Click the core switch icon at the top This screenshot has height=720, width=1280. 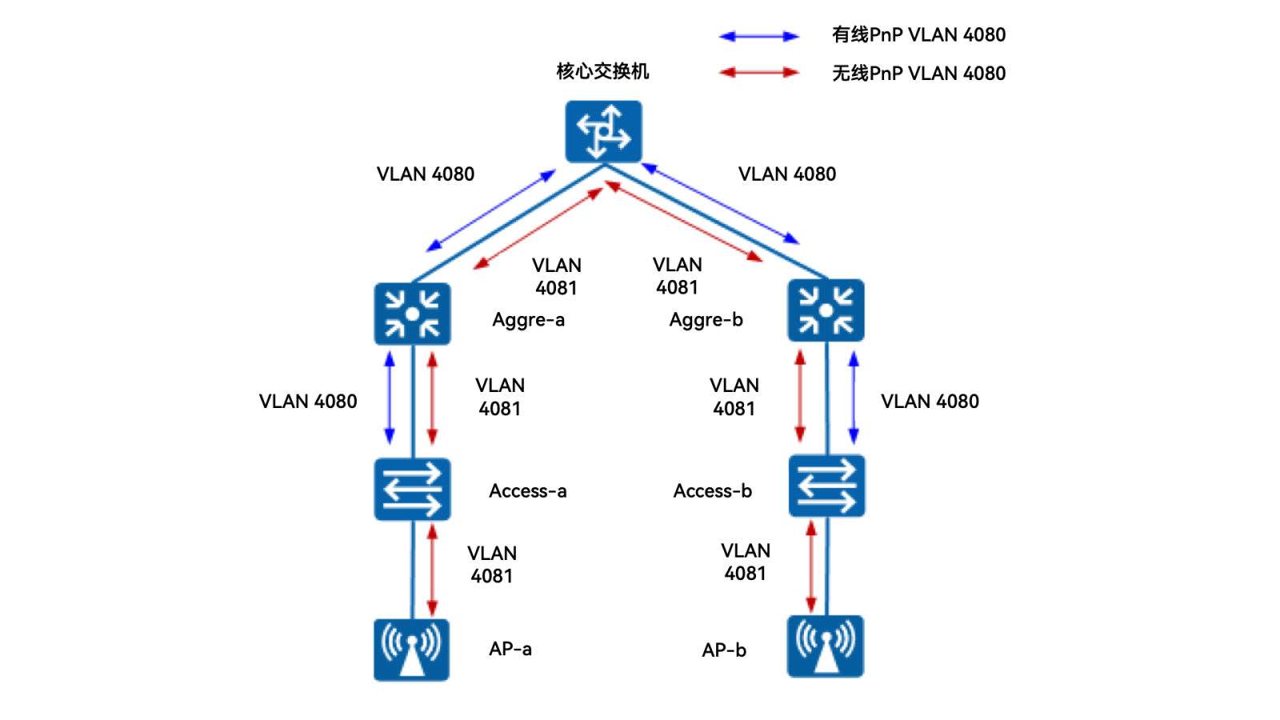(603, 131)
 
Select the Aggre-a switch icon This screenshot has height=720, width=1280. (412, 314)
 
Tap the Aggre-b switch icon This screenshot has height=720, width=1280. (826, 310)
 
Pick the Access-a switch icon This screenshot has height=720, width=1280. (412, 489)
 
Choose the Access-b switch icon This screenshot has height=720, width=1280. (826, 486)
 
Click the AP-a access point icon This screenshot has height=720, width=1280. (411, 650)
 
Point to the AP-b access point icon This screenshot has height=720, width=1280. (825, 646)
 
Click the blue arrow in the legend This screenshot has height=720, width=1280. (758, 36)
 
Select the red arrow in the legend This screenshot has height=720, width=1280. (758, 73)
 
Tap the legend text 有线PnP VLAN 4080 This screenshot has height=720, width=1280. (918, 35)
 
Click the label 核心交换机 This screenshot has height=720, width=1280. (602, 71)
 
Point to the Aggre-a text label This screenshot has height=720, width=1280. (528, 320)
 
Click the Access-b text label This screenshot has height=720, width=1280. (712, 491)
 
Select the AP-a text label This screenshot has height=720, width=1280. (510, 649)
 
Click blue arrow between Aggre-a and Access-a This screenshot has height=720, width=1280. (390, 398)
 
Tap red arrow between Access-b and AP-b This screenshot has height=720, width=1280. (811, 566)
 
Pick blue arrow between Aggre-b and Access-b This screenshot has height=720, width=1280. (854, 398)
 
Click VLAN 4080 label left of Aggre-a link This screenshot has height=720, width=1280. (308, 402)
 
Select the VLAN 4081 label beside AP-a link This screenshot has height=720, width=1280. (492, 565)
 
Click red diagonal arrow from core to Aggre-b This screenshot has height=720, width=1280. (684, 221)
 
